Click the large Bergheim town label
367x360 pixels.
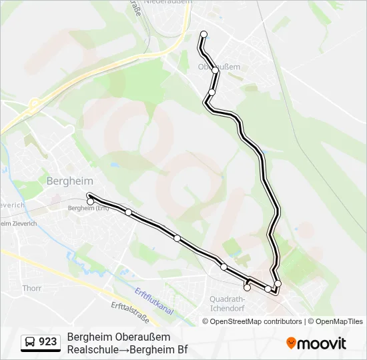[70, 181]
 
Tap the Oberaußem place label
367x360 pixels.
[215, 67]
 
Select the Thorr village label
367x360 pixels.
[31, 289]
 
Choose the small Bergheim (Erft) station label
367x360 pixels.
[88, 208]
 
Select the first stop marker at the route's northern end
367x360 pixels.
[204, 35]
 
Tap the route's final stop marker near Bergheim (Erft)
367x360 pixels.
[90, 201]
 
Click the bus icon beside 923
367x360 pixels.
[30, 342]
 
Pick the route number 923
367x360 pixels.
[48, 342]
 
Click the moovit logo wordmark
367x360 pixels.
[323, 343]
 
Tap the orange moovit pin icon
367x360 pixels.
[291, 343]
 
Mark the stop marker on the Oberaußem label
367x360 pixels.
[215, 69]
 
